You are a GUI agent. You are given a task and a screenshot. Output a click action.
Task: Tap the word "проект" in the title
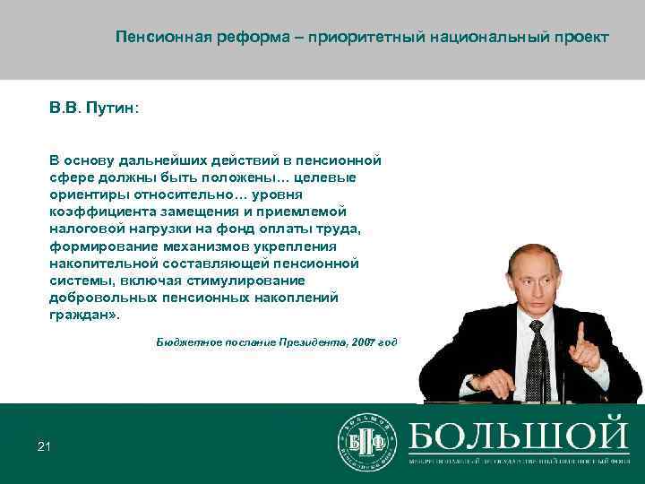tap(580, 38)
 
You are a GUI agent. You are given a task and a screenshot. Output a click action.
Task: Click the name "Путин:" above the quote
tap(112, 108)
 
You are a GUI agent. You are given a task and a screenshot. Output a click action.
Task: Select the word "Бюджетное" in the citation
tap(184, 342)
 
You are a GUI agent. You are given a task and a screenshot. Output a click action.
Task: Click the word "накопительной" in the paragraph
tap(104, 264)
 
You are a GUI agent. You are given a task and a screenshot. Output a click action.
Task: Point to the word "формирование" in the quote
tap(99, 246)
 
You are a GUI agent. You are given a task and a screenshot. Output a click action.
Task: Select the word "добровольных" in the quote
tap(101, 298)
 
